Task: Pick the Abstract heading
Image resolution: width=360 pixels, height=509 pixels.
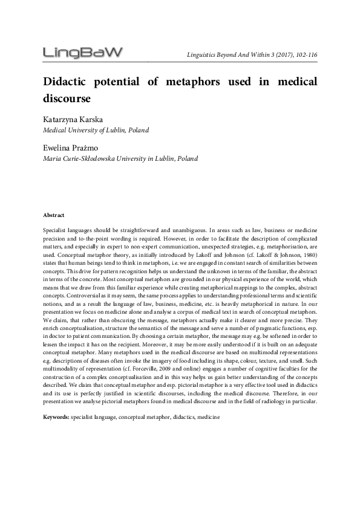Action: pos(54,215)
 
